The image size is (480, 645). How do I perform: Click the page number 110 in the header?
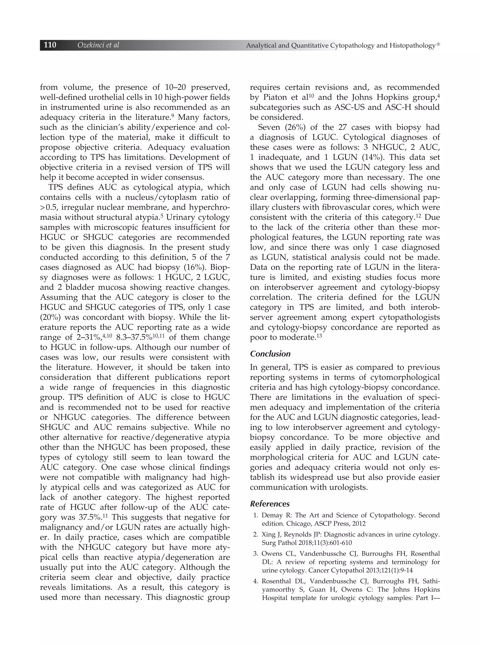pos(50,45)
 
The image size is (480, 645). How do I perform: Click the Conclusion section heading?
pos(270,354)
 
